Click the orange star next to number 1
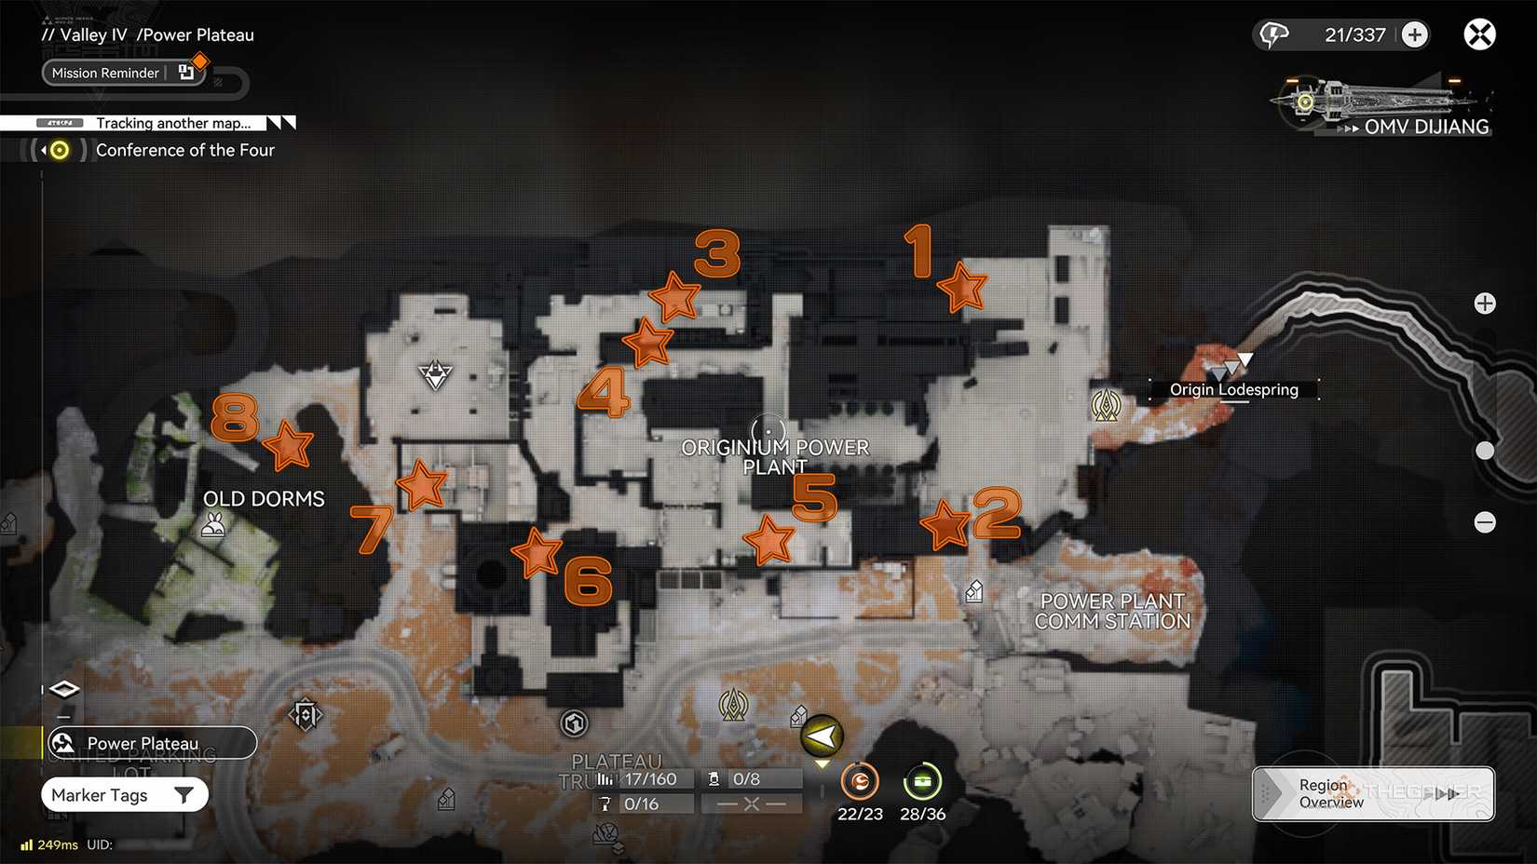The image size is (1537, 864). (x=962, y=287)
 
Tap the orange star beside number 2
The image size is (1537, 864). (x=946, y=524)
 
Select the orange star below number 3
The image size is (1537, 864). (x=674, y=297)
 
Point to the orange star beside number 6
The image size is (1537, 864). (x=537, y=553)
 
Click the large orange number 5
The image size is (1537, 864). (x=814, y=497)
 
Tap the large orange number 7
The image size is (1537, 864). (x=371, y=528)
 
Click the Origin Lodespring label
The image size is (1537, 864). (x=1233, y=389)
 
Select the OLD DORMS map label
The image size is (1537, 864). (x=264, y=499)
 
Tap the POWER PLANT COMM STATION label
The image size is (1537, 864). (x=1112, y=612)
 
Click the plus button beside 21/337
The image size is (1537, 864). (x=1414, y=35)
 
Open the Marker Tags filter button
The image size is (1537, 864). (x=124, y=795)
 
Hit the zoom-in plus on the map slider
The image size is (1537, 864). (x=1485, y=304)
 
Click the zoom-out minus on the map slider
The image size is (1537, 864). (x=1485, y=522)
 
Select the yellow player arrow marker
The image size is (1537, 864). (x=822, y=737)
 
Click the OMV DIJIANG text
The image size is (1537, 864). (x=1426, y=127)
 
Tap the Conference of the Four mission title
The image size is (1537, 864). (x=185, y=150)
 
